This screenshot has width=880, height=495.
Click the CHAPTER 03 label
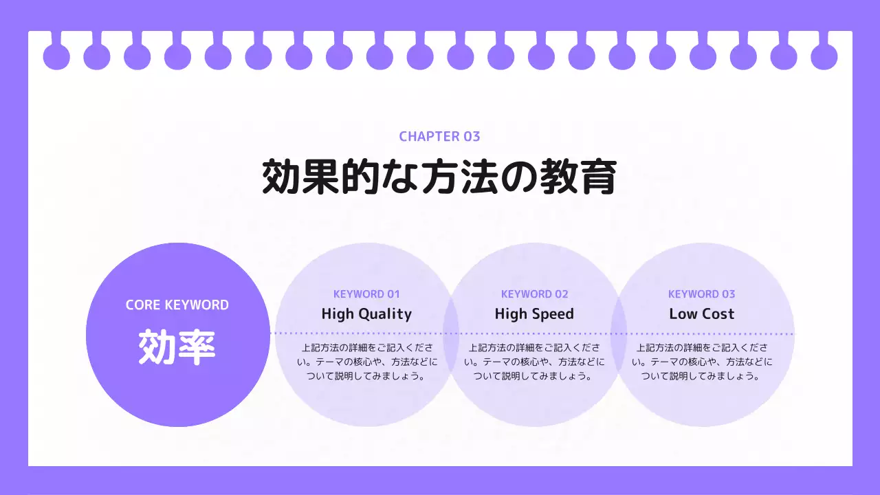point(439,136)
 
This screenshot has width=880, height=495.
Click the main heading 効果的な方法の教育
point(439,177)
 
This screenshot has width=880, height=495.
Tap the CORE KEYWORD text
point(177,305)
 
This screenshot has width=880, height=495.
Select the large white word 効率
point(177,347)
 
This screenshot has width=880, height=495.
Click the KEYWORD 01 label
point(366,294)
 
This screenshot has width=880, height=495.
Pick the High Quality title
point(366,314)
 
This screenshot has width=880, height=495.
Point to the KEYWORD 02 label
point(535,294)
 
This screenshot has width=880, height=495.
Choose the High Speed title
point(534,314)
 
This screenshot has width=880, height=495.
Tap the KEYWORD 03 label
point(702,294)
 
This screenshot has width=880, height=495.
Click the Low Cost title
point(702,314)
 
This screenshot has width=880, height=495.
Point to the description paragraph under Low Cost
point(702,362)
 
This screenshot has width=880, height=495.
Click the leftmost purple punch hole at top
point(56,56)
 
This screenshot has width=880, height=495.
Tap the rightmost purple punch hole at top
point(824,56)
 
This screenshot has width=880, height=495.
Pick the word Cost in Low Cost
point(718,314)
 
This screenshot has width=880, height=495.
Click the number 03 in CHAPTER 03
point(472,136)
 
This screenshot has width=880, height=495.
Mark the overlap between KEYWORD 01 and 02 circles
point(450,335)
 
